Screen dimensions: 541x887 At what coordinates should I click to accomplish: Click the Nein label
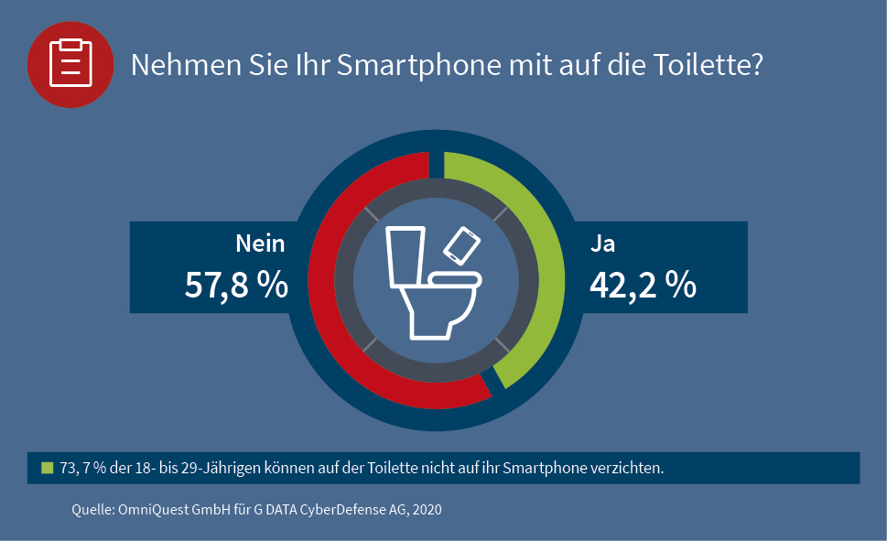(260, 243)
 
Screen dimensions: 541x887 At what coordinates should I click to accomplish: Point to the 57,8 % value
(237, 285)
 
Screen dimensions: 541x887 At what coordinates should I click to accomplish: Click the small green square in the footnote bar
(48, 467)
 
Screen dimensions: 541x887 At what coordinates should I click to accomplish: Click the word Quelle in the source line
(92, 509)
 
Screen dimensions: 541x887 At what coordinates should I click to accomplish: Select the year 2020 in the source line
(426, 509)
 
